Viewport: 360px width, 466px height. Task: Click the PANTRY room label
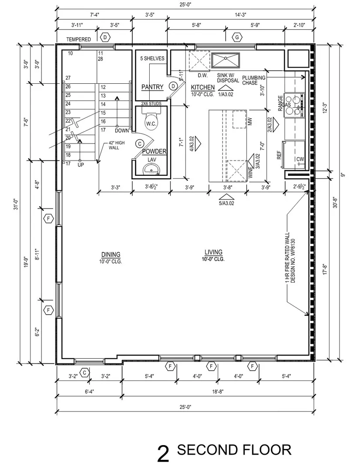pyautogui.click(x=152, y=87)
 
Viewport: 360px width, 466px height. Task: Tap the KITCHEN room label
pyautogui.click(x=203, y=87)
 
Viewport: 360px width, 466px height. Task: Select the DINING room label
pyautogui.click(x=111, y=254)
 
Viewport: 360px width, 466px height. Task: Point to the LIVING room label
pyautogui.click(x=213, y=252)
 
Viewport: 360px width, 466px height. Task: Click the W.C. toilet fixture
pyautogui.click(x=151, y=121)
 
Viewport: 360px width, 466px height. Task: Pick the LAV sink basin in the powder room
pyautogui.click(x=152, y=170)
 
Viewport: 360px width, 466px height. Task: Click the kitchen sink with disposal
pyautogui.click(x=225, y=61)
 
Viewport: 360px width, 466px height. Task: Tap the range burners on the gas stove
pyautogui.click(x=294, y=105)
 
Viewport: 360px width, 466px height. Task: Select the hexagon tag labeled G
pyautogui.click(x=237, y=38)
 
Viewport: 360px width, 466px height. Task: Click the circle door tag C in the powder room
pyautogui.click(x=140, y=144)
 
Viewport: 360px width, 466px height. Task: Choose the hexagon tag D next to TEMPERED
pyautogui.click(x=105, y=38)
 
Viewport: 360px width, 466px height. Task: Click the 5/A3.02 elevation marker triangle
pyautogui.click(x=226, y=197)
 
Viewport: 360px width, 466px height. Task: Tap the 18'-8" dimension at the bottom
pyautogui.click(x=218, y=392)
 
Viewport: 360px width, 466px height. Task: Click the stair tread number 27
pyautogui.click(x=68, y=78)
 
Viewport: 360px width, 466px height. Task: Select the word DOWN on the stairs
pyautogui.click(x=122, y=130)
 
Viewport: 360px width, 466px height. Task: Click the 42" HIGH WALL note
pyautogui.click(x=117, y=145)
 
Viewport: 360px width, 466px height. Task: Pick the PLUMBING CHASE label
pyautogui.click(x=254, y=80)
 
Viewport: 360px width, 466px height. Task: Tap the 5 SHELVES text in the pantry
pyautogui.click(x=152, y=58)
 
